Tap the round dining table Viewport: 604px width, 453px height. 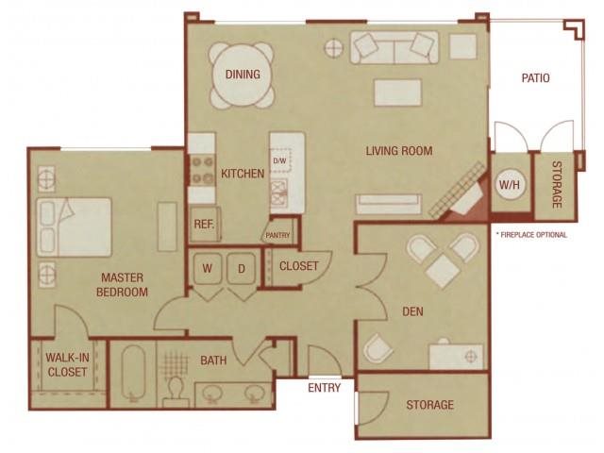[x=243, y=75]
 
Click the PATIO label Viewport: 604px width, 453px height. [x=535, y=78]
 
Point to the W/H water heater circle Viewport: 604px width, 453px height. [x=510, y=184]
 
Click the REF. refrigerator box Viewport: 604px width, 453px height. [x=204, y=224]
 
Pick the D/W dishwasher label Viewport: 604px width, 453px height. [x=279, y=161]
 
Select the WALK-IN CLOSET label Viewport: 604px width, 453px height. [x=66, y=364]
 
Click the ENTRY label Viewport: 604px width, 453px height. [x=324, y=388]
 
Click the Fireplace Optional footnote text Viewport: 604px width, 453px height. [x=530, y=234]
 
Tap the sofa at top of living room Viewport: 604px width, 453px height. [x=394, y=46]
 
